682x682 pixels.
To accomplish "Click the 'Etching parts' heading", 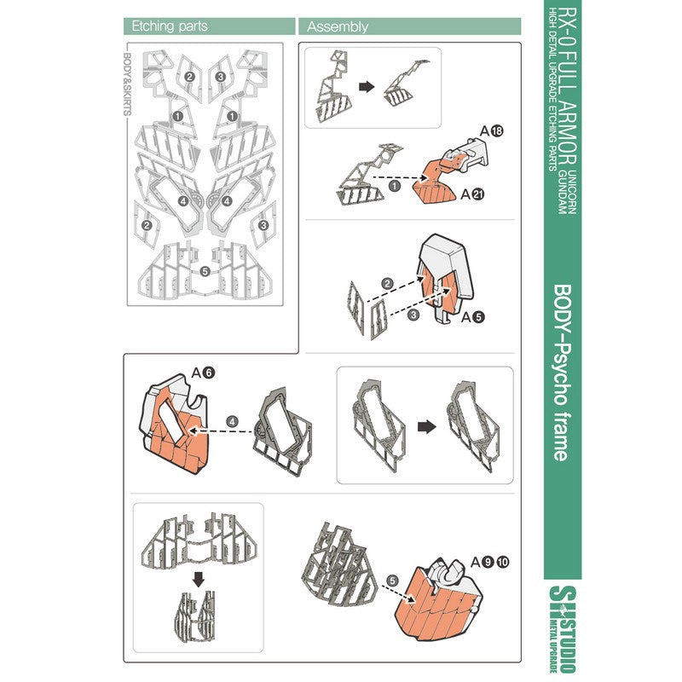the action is [169, 26].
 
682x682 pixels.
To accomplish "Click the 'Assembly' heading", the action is [338, 27].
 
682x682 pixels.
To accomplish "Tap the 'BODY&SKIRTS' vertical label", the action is [128, 84].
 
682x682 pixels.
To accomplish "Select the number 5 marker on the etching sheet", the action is [205, 271].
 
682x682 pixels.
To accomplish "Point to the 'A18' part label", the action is [492, 130].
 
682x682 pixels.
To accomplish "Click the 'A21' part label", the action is [472, 194].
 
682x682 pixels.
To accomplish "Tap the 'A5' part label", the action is [472, 317].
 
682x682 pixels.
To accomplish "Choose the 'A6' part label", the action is [203, 373].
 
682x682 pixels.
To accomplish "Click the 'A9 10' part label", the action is [489, 562].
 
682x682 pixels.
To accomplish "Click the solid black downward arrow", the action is [199, 580].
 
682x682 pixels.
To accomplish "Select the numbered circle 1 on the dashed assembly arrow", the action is [394, 187].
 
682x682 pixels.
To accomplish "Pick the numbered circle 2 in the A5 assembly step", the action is [387, 284].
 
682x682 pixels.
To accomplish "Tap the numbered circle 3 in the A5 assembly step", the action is [413, 315].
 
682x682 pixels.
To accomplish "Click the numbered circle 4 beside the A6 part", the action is [232, 421].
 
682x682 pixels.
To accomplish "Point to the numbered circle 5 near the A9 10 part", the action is [392, 581].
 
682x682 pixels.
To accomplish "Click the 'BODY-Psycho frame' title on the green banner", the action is [562, 373].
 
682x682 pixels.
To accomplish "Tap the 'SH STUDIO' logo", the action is [562, 628].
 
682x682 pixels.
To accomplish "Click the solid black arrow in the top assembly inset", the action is [367, 87].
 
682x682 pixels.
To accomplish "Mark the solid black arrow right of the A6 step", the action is [427, 427].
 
